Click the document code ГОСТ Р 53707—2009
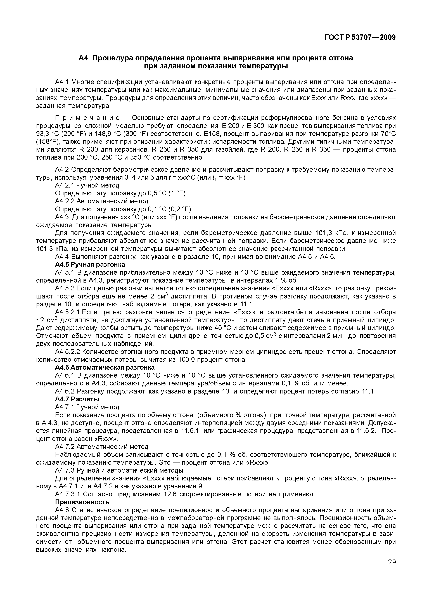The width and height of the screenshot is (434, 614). (360, 37)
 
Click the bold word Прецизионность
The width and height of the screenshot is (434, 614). (82, 502)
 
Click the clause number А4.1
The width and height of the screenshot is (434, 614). (62, 82)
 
